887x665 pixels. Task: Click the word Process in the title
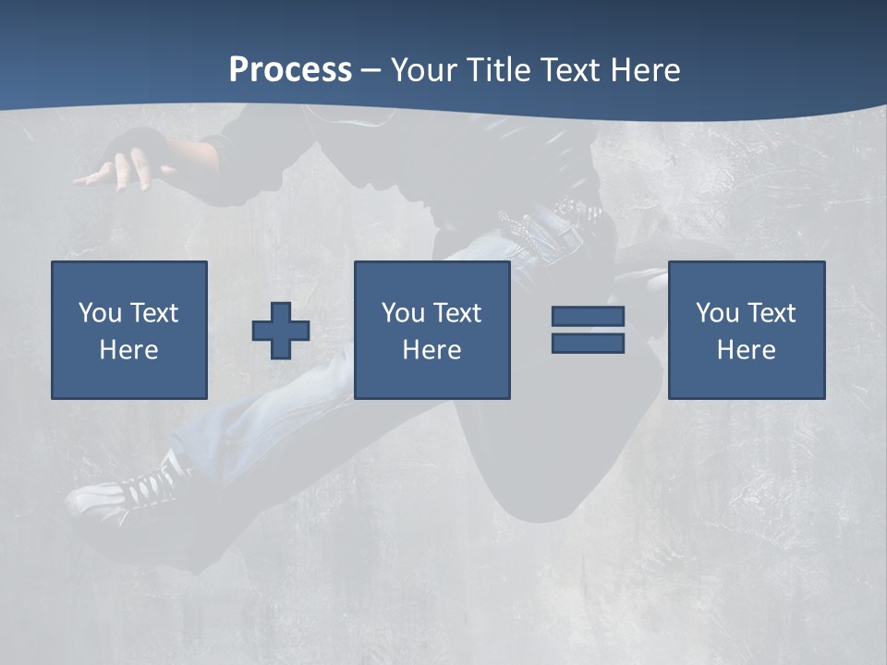coord(290,70)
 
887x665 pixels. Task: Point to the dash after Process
coord(371,71)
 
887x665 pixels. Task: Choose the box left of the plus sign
coord(128,330)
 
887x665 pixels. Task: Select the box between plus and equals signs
coord(431,330)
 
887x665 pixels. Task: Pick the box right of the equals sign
coord(746,330)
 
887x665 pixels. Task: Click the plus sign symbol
coord(281,330)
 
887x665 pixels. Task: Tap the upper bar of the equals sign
coord(588,317)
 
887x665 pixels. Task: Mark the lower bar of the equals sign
coord(588,343)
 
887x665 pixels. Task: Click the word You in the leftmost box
coord(100,313)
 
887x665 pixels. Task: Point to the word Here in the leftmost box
coord(128,350)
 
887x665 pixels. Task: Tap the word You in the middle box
coord(403,313)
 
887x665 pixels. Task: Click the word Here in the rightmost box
coord(746,350)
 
